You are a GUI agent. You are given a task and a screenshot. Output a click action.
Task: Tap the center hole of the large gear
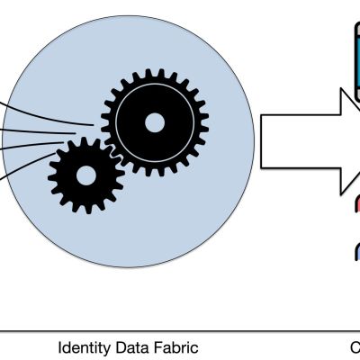point(155,122)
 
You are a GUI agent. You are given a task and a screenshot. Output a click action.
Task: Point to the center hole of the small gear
point(85,175)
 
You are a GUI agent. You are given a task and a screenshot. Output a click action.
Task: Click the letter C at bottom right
point(355,346)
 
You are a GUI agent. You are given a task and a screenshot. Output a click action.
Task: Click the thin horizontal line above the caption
point(180,331)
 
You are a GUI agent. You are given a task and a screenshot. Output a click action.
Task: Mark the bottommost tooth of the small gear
point(85,209)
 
